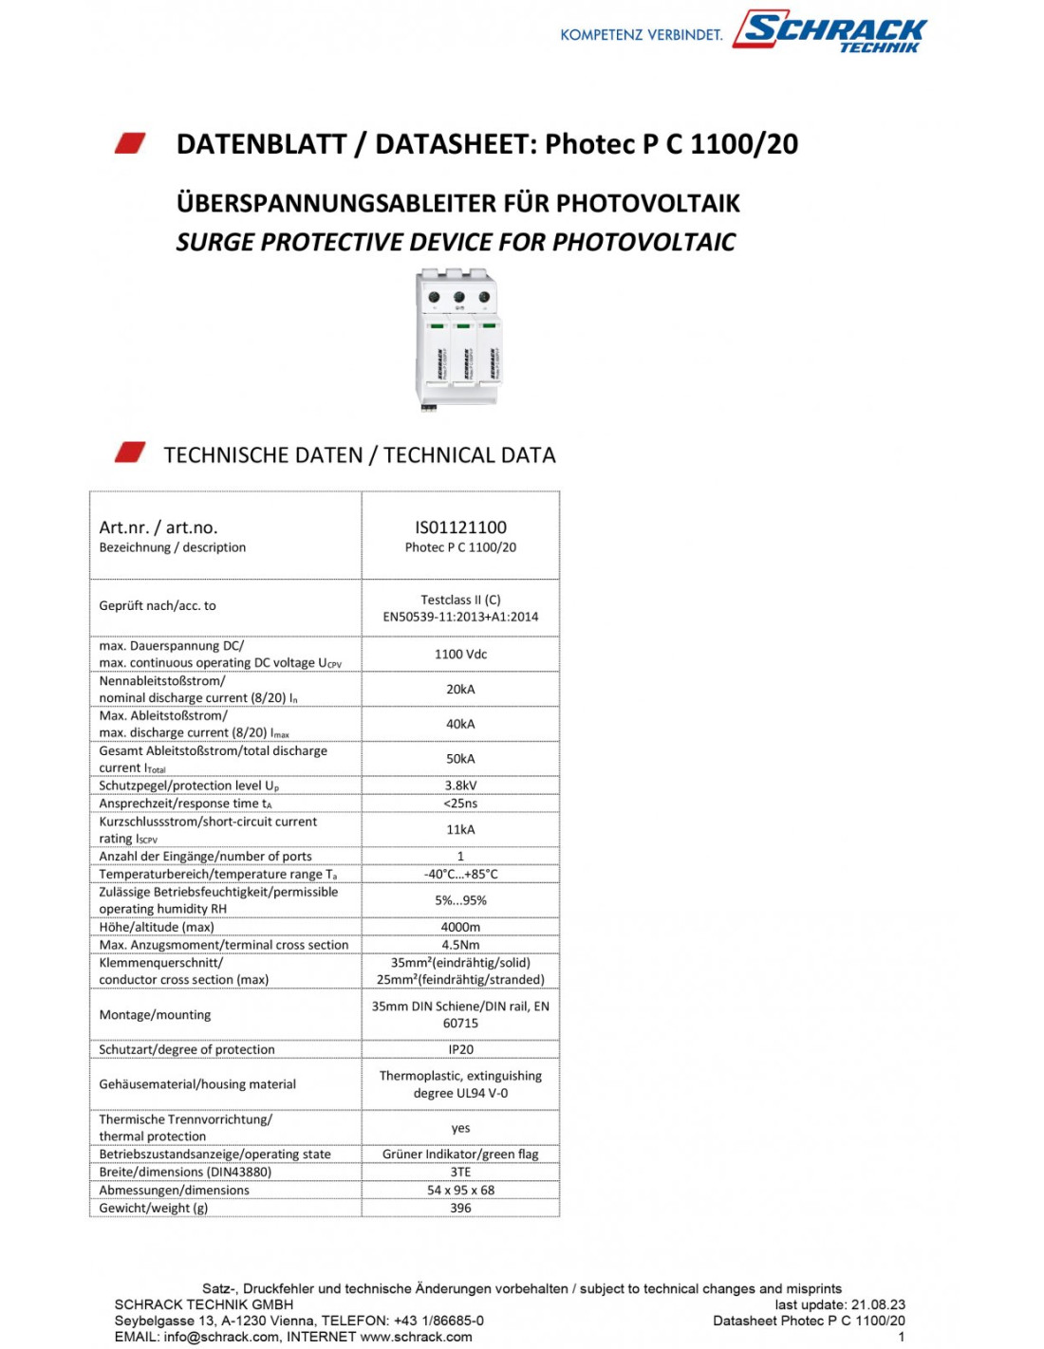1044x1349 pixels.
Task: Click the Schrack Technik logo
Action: point(832,32)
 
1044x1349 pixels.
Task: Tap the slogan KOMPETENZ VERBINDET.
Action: point(641,35)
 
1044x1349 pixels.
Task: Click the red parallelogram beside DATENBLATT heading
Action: point(130,143)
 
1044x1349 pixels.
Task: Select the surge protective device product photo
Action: point(458,339)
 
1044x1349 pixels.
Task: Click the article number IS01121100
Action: point(460,527)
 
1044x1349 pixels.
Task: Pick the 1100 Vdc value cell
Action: point(460,654)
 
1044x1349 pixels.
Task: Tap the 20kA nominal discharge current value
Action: point(460,689)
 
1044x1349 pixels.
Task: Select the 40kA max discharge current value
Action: point(460,724)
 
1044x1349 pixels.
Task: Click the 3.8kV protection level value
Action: point(460,785)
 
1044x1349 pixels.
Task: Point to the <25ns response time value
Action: point(460,804)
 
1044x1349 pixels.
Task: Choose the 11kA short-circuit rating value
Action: point(460,829)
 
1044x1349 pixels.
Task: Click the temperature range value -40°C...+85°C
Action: point(460,874)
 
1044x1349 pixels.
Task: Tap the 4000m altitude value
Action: point(460,927)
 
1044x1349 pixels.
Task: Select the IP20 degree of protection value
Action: point(460,1049)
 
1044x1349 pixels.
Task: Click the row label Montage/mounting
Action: point(155,1014)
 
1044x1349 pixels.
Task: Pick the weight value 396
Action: point(460,1208)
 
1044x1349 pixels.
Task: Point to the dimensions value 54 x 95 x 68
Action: point(460,1190)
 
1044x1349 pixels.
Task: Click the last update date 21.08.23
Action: point(878,1304)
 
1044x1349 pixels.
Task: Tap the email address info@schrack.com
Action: point(221,1337)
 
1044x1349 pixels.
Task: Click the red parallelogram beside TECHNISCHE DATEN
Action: point(130,453)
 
